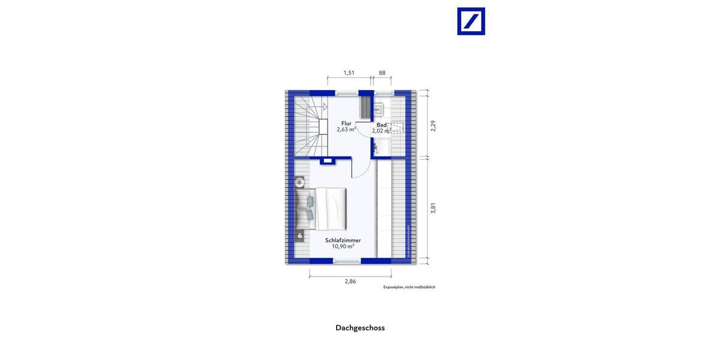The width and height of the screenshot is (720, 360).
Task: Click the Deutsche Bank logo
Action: point(471,21)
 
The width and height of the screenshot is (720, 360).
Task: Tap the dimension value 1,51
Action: point(349,73)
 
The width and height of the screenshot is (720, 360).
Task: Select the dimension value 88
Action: point(382,73)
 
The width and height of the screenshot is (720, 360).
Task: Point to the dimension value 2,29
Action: point(433,125)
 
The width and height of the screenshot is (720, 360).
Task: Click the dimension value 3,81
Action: point(433,208)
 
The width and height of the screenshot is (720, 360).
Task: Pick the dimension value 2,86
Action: point(350,281)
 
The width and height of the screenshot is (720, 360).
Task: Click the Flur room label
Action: point(346,123)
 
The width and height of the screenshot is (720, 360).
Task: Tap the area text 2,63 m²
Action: point(346,130)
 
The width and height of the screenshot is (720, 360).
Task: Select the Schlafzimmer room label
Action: point(343,240)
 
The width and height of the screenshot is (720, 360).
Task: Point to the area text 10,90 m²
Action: point(343,247)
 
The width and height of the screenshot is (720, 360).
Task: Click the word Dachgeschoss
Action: point(360,328)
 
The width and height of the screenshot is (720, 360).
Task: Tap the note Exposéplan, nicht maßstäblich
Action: point(409,287)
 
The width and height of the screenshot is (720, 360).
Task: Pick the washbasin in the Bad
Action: point(379,109)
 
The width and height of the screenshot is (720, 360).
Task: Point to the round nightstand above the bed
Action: point(299,181)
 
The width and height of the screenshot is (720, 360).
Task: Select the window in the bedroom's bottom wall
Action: point(347,260)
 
